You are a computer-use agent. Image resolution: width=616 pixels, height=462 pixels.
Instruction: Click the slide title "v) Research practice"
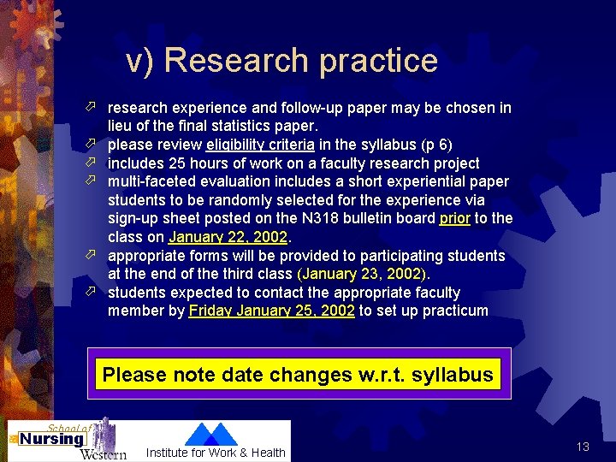281,60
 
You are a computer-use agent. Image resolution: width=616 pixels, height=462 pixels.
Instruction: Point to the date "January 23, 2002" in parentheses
361,275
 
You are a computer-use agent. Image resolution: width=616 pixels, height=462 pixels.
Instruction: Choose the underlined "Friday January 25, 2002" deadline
271,311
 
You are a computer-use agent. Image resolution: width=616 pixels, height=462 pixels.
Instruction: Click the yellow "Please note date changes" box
298,375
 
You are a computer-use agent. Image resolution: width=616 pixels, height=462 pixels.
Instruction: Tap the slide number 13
583,447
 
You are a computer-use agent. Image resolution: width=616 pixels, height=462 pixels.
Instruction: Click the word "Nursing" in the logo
51,439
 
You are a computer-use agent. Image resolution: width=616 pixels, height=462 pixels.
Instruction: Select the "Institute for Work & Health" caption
216,453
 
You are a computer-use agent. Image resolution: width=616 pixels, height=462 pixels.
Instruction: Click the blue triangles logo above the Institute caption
211,434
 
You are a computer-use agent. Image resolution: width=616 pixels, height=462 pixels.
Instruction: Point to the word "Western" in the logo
103,453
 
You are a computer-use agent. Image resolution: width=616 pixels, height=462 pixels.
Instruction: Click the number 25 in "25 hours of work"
178,163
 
